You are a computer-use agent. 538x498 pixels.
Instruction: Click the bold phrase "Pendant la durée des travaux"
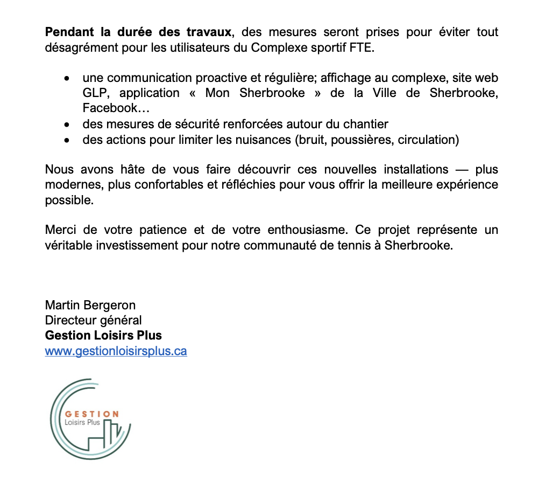coord(139,32)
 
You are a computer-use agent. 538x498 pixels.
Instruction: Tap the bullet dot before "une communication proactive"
coord(66,78)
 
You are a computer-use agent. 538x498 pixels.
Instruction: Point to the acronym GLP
coord(95,93)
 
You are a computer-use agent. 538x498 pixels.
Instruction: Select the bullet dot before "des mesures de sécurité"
coord(66,124)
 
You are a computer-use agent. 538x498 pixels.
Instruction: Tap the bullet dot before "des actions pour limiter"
coord(66,140)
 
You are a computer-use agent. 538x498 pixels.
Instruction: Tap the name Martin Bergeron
coord(90,306)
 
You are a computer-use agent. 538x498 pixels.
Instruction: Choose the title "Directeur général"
coord(94,320)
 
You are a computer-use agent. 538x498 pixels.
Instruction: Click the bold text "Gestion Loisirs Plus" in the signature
coord(103,335)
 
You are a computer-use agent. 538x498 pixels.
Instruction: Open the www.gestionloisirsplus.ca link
coord(116,351)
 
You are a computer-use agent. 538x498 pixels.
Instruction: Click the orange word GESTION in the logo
coord(92,414)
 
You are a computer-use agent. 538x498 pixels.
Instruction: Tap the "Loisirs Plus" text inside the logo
coord(82,423)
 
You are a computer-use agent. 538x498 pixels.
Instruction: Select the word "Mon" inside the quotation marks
coord(217,93)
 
